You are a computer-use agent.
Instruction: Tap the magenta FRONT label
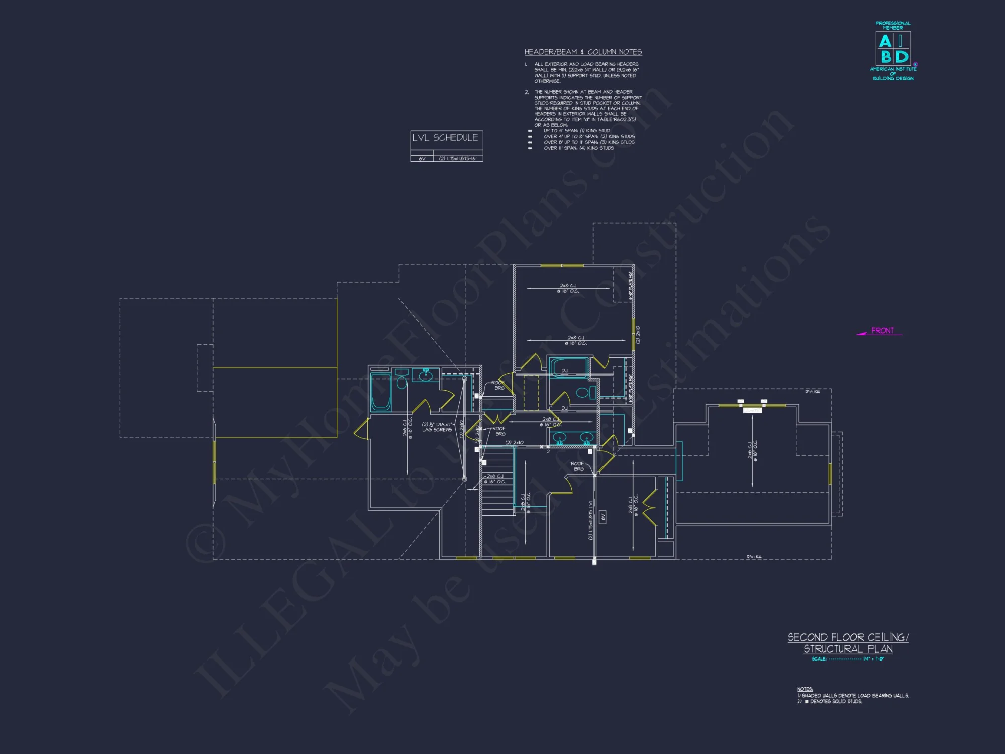tap(882, 330)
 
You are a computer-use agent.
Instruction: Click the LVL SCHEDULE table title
tap(445, 138)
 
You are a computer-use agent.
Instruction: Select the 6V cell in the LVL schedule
tap(422, 159)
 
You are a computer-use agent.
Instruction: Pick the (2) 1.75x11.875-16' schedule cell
tap(457, 159)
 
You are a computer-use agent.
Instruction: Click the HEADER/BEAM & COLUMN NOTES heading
tap(583, 52)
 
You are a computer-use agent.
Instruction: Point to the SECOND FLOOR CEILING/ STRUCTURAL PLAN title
tap(848, 643)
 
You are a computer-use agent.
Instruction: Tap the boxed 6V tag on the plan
tap(603, 516)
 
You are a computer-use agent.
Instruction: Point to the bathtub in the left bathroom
tap(380, 392)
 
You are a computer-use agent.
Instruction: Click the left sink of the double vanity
tap(560, 438)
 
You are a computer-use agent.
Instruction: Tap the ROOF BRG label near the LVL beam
tap(578, 466)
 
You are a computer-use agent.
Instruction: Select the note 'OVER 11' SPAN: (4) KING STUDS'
tap(578, 148)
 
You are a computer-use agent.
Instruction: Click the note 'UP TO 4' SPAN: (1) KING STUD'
tap(576, 131)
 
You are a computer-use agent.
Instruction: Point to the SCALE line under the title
tap(848, 659)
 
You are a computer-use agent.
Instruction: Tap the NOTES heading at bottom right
tap(805, 689)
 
